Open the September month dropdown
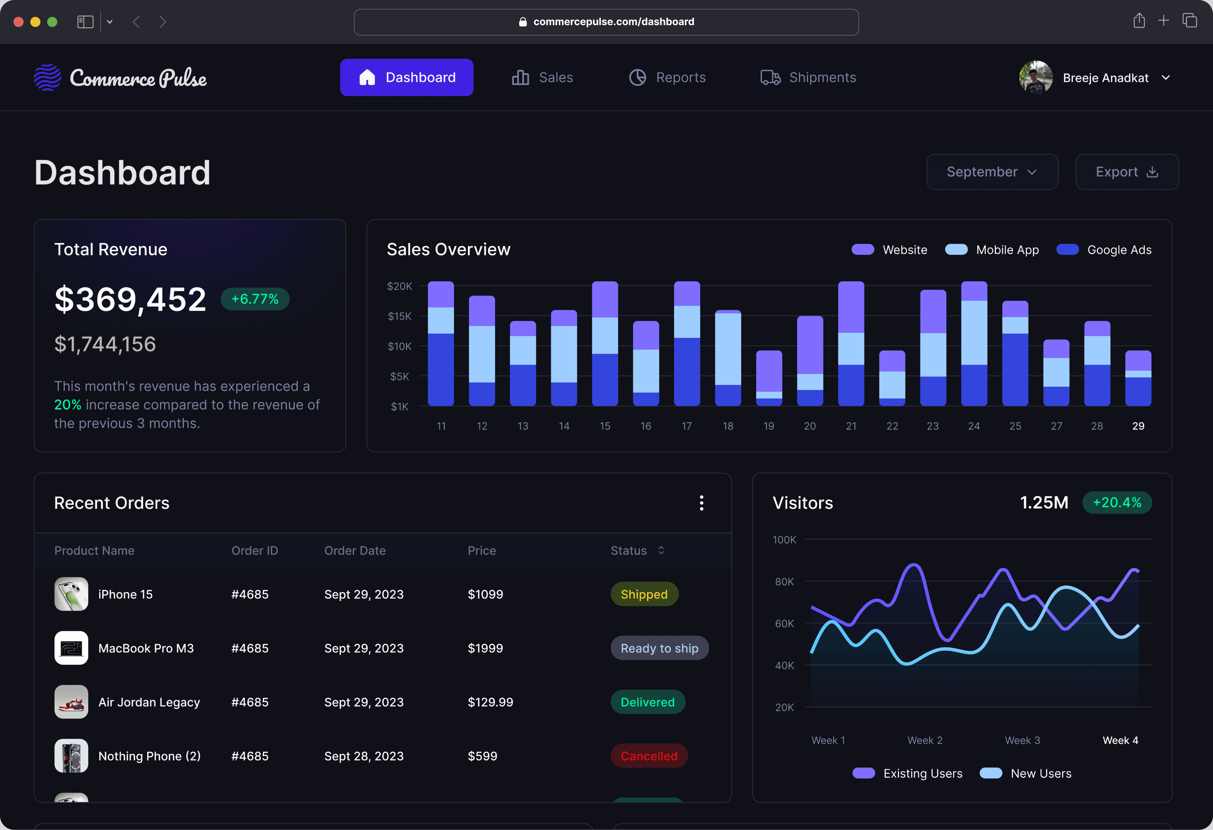[x=992, y=172]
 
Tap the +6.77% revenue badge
[x=255, y=299]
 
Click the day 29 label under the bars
[x=1138, y=426]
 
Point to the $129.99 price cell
[x=490, y=702]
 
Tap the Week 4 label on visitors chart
[x=1120, y=740]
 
